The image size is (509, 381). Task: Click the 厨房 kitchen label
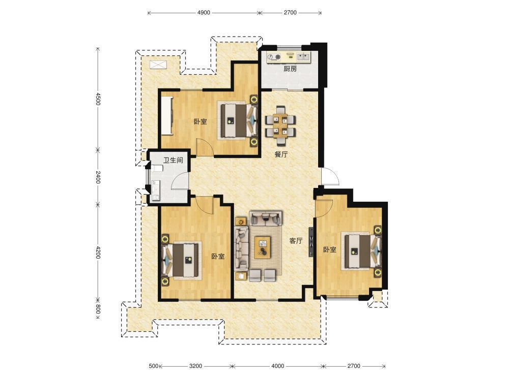290,69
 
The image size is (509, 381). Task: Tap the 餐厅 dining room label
281,154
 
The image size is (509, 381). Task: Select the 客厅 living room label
296,241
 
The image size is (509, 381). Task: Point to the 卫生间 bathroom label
173,160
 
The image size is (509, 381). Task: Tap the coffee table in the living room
263,247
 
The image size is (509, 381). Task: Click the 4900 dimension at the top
204,13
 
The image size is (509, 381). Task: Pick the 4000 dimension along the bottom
277,366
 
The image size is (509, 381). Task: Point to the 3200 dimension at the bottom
195,366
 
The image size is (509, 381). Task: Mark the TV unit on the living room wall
311,242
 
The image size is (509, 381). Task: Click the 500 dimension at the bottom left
153,366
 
